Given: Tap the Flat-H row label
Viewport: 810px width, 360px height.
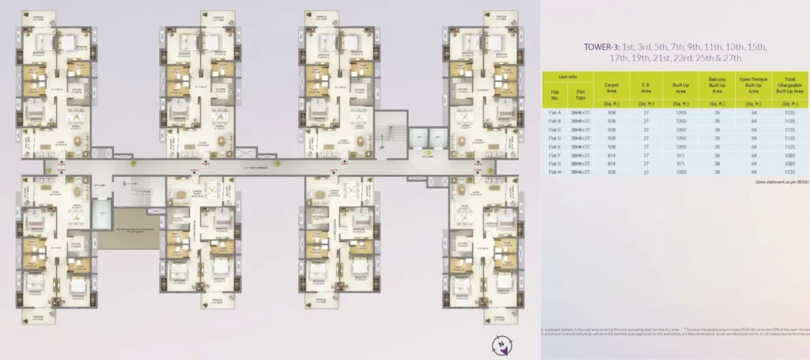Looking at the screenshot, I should click(x=554, y=172).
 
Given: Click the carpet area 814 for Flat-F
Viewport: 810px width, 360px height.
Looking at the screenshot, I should click(x=611, y=155).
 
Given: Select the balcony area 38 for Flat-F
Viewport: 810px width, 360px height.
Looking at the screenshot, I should click(x=717, y=155).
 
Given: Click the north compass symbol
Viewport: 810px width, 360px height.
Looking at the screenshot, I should click(x=502, y=343).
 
